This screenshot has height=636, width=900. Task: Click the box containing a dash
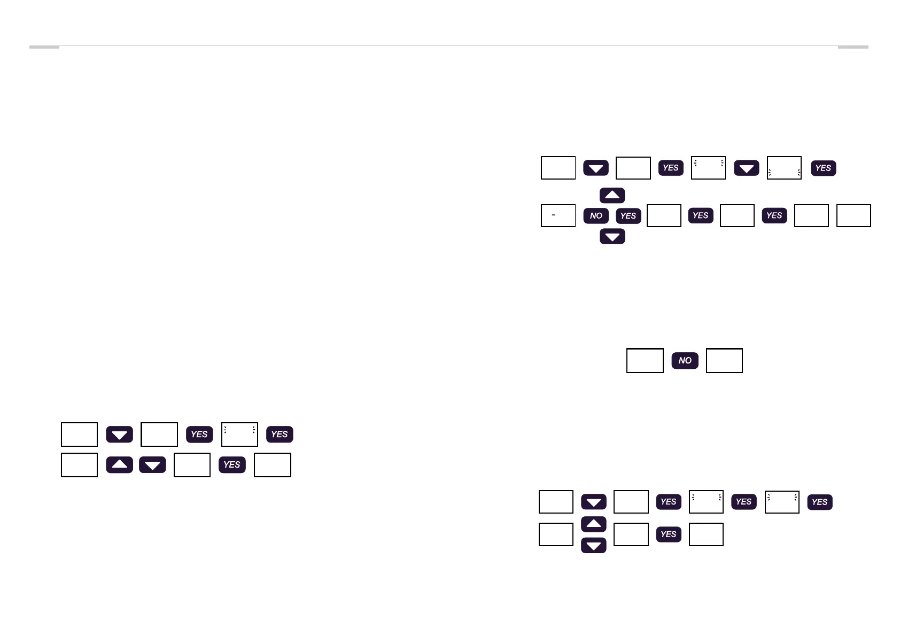tap(558, 215)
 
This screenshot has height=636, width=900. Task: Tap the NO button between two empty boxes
tap(685, 361)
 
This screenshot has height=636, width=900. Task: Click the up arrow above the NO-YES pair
tap(612, 195)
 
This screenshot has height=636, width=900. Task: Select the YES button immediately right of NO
tap(628, 216)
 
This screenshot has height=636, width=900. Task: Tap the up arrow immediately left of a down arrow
tap(119, 464)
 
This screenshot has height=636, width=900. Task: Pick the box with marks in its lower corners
tap(784, 168)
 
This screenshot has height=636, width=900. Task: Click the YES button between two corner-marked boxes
tap(743, 502)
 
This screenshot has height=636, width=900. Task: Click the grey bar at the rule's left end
tap(44, 47)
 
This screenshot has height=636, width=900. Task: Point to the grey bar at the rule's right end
tap(853, 47)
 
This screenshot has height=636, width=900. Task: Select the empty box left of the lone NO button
tap(645, 361)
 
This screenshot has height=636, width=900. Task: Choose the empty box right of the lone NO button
tap(724, 361)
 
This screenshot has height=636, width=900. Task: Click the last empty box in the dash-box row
tap(854, 215)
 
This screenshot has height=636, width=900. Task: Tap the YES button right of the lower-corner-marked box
tap(823, 168)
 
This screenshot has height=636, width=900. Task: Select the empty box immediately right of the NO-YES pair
tap(664, 215)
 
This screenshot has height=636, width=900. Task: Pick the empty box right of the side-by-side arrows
tap(192, 465)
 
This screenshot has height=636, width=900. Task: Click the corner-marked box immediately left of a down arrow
tap(708, 168)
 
